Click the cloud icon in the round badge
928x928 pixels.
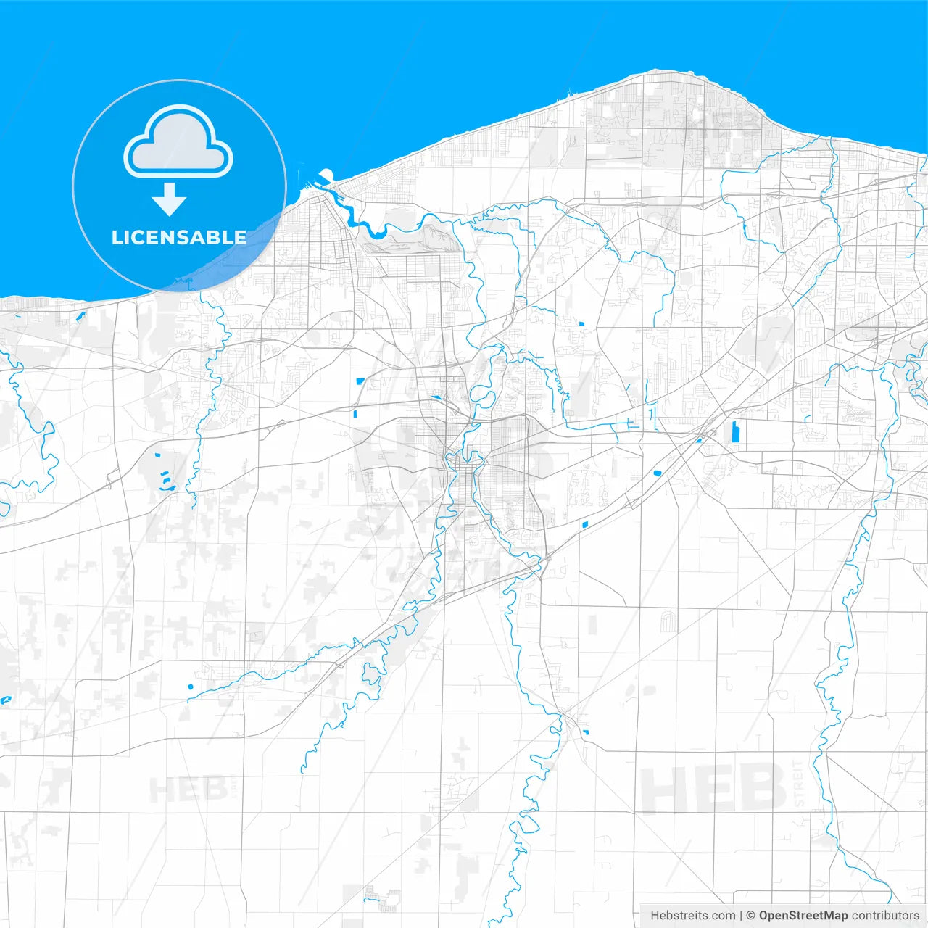pos(178,143)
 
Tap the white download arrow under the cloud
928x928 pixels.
pos(170,200)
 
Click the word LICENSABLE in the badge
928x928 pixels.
pos(179,237)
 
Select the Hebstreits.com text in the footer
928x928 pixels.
pos(692,916)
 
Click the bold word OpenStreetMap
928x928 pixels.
pos(803,916)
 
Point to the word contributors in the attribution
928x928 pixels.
pos(884,916)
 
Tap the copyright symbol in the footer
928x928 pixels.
pos(750,916)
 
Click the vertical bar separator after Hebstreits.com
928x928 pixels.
pos(741,916)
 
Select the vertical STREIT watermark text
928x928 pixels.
pos(799,784)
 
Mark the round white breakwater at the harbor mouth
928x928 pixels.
pos(326,175)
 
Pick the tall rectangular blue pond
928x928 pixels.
pos(734,431)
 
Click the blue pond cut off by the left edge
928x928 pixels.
pos(6,700)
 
